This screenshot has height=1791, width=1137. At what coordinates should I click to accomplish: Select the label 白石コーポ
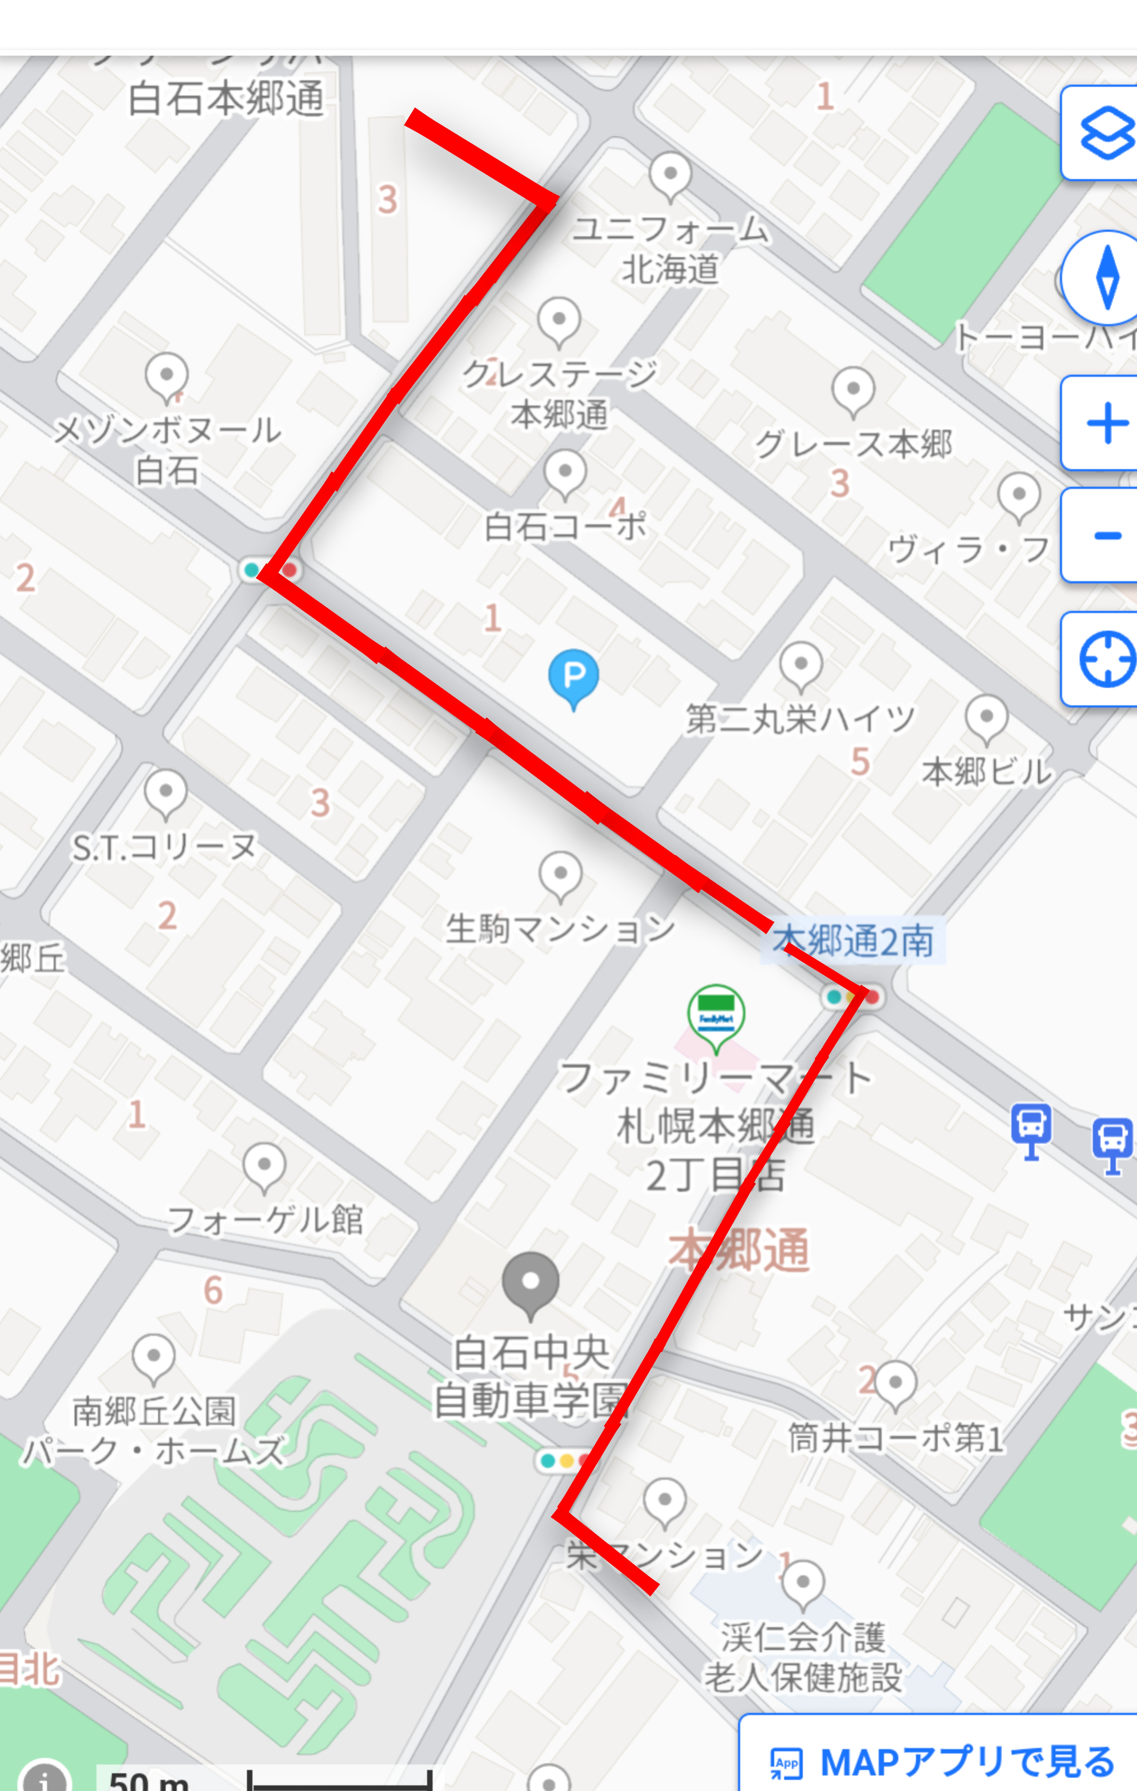click(565, 527)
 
